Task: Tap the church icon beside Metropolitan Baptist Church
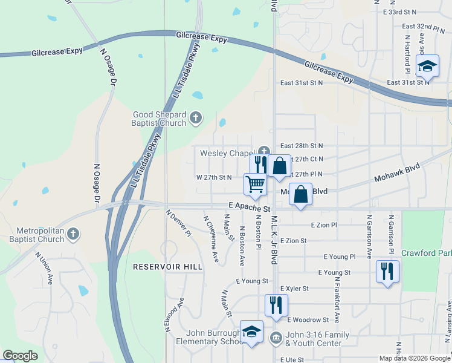coord(73,234)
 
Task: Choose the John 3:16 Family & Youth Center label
coord(313,339)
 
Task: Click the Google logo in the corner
coord(21,356)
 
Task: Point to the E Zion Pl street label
coord(323,224)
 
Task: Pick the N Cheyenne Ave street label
coord(210,239)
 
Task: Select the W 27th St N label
coord(214,177)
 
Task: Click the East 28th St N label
coord(302,146)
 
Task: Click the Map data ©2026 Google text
coord(415,358)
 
